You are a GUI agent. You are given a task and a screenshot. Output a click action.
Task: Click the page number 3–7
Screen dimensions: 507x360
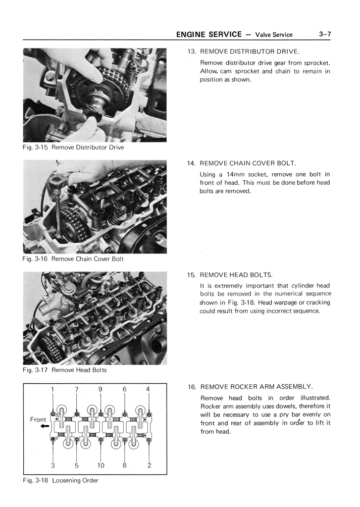click(x=325, y=34)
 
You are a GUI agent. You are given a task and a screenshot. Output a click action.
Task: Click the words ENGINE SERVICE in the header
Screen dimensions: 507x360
click(x=209, y=34)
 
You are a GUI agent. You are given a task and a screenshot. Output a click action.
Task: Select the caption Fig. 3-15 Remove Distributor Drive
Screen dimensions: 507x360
click(x=73, y=147)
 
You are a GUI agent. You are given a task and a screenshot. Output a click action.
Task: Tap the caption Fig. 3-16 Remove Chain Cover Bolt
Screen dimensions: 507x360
click(x=73, y=259)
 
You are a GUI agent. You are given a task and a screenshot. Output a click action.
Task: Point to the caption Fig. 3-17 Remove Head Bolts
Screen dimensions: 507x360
click(x=65, y=370)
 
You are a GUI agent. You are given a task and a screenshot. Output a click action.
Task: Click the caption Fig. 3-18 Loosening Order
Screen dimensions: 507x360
click(x=61, y=480)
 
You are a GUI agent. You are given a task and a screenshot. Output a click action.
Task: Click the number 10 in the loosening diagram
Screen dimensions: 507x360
click(x=100, y=466)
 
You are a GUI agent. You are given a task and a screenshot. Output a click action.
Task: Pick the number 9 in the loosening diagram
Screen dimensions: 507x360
click(x=100, y=389)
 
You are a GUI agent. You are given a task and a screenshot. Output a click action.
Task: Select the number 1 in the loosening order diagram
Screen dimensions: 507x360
click(x=52, y=389)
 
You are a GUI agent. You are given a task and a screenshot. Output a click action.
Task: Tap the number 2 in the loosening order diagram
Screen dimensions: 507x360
click(x=149, y=466)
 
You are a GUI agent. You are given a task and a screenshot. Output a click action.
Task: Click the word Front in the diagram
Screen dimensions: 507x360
click(x=38, y=420)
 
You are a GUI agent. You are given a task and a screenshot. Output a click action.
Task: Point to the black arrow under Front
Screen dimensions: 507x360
click(x=44, y=427)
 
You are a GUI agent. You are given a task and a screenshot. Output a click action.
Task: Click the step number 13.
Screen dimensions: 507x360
click(x=191, y=52)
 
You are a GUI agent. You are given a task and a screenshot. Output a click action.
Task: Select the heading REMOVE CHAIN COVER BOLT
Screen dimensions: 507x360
click(x=248, y=163)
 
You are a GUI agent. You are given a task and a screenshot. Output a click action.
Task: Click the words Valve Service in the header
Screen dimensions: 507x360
click(x=274, y=35)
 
